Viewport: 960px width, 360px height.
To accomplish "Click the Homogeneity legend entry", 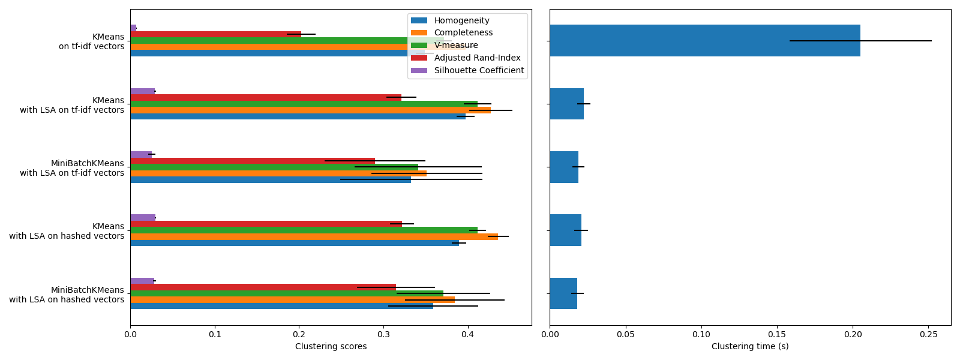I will click(461, 20).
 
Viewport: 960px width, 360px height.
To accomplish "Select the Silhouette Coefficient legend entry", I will click(479, 70).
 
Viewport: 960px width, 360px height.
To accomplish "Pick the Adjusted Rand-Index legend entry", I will click(477, 58).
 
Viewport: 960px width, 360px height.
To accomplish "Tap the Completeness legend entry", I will click(463, 33).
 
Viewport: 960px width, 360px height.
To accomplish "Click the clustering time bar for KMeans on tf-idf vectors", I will click(704, 40).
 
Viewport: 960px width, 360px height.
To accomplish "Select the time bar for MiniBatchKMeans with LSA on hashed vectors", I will click(563, 293).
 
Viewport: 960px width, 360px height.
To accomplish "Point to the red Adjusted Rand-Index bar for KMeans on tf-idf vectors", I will click(215, 34).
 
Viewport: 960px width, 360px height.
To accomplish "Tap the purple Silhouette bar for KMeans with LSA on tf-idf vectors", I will click(142, 91).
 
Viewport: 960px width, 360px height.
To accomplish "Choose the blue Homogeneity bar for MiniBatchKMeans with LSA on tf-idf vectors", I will click(270, 179).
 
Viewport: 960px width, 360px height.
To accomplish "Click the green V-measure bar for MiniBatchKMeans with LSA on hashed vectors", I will click(286, 293).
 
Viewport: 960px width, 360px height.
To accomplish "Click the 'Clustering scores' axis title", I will click(331, 347).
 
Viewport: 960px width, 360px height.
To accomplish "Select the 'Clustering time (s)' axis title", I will click(749, 347).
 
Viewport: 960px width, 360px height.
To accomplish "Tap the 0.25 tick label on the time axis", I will click(929, 334).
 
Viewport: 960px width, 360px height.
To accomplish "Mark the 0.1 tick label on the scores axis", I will click(215, 334).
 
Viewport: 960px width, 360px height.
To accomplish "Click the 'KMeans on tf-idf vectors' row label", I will click(91, 41).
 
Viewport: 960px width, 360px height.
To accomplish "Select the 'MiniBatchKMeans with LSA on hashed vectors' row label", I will click(67, 295).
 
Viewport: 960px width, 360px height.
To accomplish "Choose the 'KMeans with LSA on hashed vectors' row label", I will click(67, 231).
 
